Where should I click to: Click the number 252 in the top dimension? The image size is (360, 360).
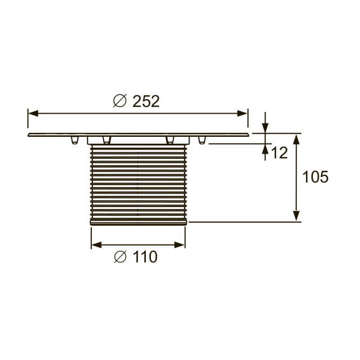coord(146,101)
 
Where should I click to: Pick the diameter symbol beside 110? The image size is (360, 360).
coord(120,257)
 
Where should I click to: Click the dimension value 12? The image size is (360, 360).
coord(279,153)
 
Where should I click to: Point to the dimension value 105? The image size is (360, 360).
coord(315,177)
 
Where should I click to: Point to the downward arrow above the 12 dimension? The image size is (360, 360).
coord(265,128)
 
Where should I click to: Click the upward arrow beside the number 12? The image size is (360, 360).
coord(265,149)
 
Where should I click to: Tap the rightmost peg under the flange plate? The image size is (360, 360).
coord(202,140)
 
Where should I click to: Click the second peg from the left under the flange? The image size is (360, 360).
coord(106,140)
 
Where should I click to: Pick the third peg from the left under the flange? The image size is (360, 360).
coord(170,140)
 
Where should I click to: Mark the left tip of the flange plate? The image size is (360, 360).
coord(29,135)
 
